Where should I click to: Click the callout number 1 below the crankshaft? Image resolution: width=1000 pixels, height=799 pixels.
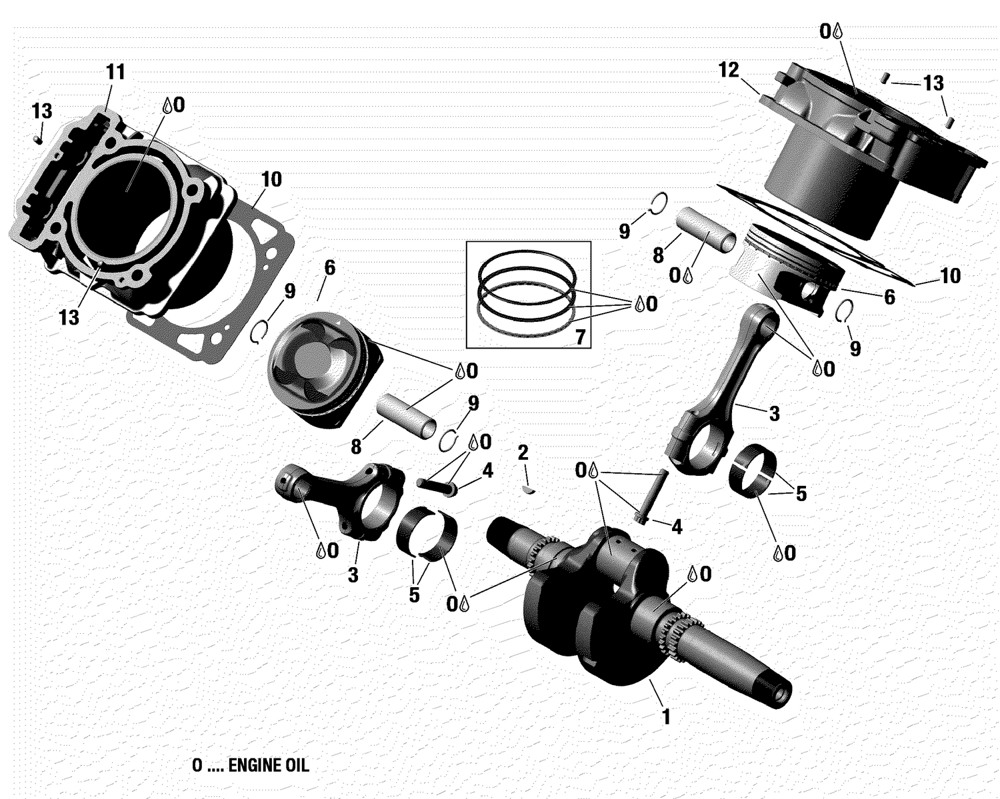click(665, 717)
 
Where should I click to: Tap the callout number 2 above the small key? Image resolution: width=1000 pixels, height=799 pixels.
click(523, 453)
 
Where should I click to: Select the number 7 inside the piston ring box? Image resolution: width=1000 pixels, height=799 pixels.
click(580, 337)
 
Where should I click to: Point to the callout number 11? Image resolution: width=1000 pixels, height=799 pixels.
click(116, 72)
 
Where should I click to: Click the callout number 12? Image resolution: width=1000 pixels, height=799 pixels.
click(729, 69)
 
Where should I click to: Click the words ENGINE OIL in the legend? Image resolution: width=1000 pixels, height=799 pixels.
click(269, 765)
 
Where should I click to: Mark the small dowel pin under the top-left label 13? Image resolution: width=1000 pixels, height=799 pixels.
click(39, 139)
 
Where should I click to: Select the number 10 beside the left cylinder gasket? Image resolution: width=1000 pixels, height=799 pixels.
click(271, 179)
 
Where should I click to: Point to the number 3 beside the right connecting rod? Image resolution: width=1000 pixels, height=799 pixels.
click(773, 414)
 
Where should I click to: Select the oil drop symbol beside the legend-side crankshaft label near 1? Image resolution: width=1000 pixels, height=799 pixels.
click(693, 574)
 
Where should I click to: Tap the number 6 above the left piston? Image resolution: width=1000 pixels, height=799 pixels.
click(329, 268)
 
